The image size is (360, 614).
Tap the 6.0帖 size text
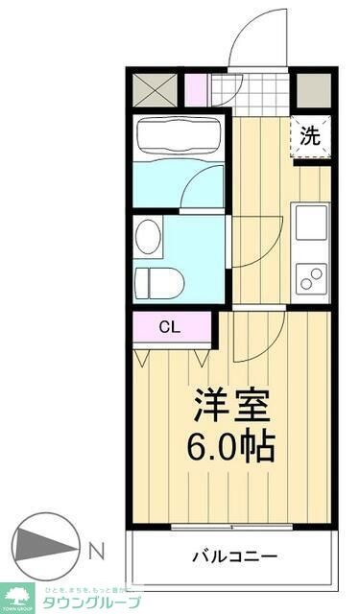tap(233, 446)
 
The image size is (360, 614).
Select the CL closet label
tap(169, 327)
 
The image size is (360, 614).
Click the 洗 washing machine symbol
tap(311, 134)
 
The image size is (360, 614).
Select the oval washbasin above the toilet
tap(148, 236)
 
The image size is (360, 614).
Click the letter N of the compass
tap(97, 551)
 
